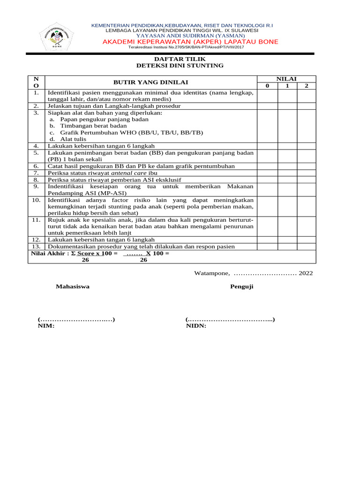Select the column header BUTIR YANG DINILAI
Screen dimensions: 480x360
coord(150,82)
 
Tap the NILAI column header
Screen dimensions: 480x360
coord(286,79)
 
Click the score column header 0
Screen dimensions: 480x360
coord(267,86)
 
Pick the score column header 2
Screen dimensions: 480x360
coord(306,86)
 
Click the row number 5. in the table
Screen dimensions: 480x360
coord(36,153)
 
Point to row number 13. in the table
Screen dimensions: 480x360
coord(36,246)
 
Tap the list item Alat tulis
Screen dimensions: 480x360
coord(74,139)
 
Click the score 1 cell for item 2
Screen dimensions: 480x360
coord(286,106)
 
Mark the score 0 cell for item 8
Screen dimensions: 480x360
coord(267,180)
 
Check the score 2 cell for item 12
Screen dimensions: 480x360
coord(306,240)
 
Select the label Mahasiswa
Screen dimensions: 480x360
coord(73,286)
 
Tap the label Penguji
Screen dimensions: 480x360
coord(241,286)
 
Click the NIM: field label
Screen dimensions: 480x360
coord(46,326)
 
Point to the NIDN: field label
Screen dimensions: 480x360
coord(196,326)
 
